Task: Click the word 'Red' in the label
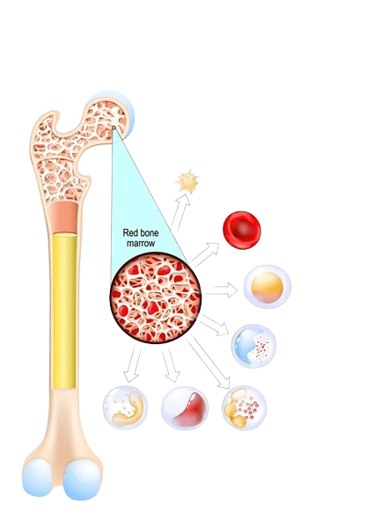(x=129, y=232)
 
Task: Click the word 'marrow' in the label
(x=141, y=243)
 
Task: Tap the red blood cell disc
(x=242, y=230)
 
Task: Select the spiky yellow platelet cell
(x=187, y=181)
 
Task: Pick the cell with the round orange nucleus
(x=267, y=287)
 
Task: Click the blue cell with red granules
(x=253, y=346)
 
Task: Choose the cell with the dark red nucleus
(x=185, y=407)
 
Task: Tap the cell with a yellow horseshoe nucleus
(x=125, y=407)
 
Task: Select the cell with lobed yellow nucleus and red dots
(x=245, y=407)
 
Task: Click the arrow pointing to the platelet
(x=179, y=213)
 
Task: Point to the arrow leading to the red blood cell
(x=205, y=255)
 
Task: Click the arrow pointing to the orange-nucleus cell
(x=221, y=290)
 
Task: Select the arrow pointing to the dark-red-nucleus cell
(x=171, y=365)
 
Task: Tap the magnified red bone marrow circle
(x=156, y=297)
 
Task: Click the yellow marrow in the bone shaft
(x=64, y=311)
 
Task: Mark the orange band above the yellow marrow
(x=63, y=217)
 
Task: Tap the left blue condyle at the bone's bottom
(x=37, y=478)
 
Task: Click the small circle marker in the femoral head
(x=113, y=128)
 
